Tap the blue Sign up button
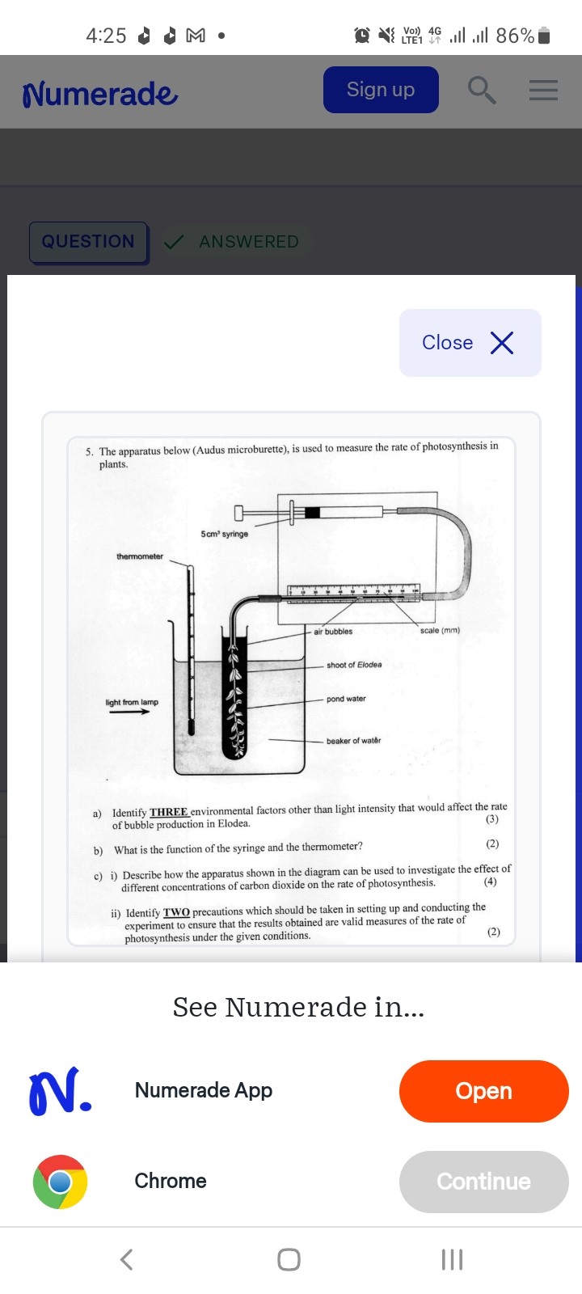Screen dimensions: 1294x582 (x=381, y=90)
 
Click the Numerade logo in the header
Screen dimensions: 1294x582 (x=100, y=94)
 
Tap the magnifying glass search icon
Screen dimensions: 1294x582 (x=482, y=90)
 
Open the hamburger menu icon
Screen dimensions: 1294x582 (x=543, y=90)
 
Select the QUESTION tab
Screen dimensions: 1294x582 (x=88, y=242)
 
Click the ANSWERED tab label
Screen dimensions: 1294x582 (x=248, y=242)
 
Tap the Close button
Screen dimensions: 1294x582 (x=470, y=343)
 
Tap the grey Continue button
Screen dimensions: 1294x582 (x=483, y=1182)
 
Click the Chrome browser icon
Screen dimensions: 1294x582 (x=60, y=1182)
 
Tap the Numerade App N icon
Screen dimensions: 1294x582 (x=60, y=1091)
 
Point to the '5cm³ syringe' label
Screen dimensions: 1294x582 (x=225, y=534)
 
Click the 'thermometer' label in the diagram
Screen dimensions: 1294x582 (x=140, y=556)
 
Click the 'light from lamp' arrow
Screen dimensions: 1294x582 (x=130, y=712)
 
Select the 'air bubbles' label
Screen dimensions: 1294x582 (x=333, y=632)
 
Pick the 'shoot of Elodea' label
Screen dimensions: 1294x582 (x=354, y=665)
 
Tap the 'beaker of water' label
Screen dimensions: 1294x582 (x=353, y=741)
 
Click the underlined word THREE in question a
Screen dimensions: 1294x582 (x=168, y=812)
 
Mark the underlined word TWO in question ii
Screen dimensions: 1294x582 (x=176, y=912)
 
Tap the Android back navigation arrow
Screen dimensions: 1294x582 (x=126, y=1259)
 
